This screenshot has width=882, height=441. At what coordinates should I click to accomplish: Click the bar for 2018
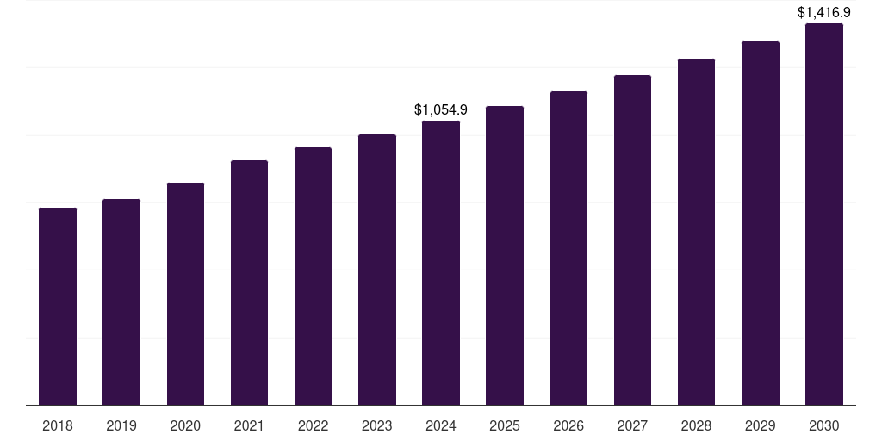click(x=58, y=306)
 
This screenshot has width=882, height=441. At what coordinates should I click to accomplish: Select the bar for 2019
click(x=121, y=302)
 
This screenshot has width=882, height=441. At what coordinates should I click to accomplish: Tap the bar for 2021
click(x=249, y=283)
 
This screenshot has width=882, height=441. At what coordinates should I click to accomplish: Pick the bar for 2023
click(x=377, y=270)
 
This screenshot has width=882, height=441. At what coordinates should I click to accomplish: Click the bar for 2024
click(x=441, y=263)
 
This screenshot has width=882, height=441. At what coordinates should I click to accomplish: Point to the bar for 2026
click(x=568, y=248)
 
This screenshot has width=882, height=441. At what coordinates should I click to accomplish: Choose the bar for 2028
click(x=696, y=232)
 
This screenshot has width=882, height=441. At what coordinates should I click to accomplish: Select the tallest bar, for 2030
click(x=824, y=214)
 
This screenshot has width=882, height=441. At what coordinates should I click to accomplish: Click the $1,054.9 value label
click(x=441, y=109)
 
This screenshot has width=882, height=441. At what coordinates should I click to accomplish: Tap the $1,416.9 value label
click(x=824, y=12)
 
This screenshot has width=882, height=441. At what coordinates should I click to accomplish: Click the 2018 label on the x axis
click(x=58, y=425)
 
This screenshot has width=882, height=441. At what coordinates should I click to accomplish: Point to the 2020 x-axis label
click(x=185, y=425)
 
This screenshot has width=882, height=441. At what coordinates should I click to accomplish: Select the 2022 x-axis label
click(x=313, y=425)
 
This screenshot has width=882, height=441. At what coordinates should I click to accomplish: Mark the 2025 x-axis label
click(x=505, y=425)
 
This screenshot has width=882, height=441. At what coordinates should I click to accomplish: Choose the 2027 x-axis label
click(x=632, y=425)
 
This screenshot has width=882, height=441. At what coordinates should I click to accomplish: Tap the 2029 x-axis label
click(x=760, y=425)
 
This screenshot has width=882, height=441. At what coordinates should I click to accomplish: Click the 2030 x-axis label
click(x=824, y=425)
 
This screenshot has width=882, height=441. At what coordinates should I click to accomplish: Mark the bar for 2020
click(x=185, y=294)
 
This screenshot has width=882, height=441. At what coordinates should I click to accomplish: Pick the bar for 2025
click(x=505, y=255)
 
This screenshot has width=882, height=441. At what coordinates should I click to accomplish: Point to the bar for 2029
click(x=760, y=223)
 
